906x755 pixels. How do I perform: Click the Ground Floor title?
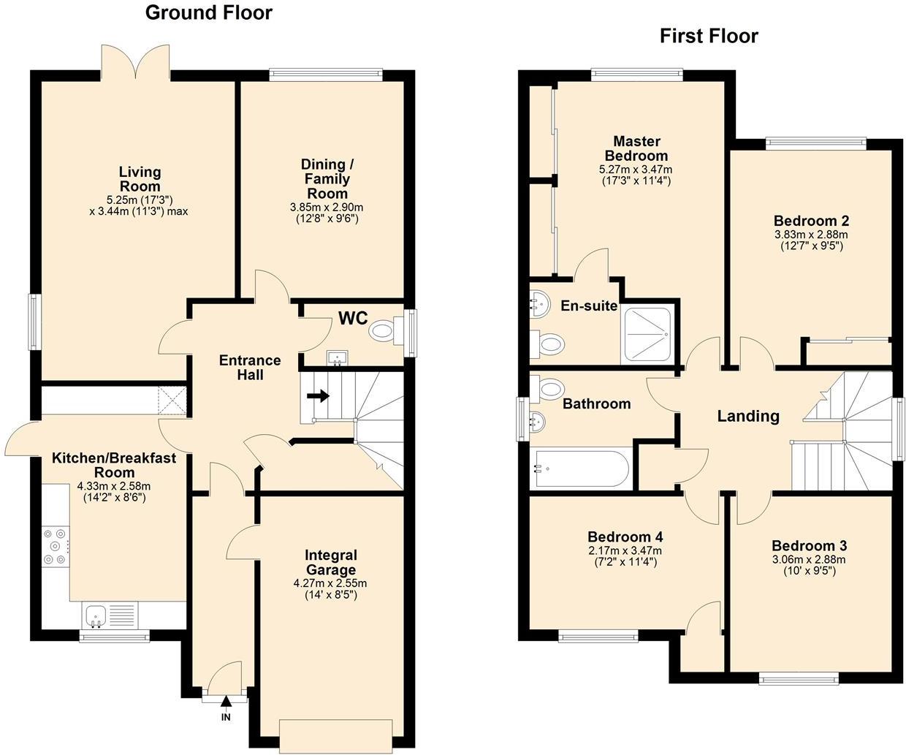(x=209, y=12)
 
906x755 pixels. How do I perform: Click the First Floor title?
(x=709, y=36)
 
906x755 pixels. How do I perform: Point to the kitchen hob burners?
(x=56, y=545)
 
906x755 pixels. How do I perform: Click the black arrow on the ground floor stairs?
(x=318, y=395)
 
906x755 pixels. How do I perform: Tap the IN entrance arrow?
(x=226, y=700)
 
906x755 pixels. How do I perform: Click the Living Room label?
(x=140, y=179)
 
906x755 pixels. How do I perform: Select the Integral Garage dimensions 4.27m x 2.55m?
(x=330, y=583)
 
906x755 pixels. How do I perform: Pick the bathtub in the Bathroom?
(x=582, y=468)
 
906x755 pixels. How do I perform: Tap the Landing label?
(x=748, y=416)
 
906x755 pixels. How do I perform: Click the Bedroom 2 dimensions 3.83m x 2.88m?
(x=811, y=235)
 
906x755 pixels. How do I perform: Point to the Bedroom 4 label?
(x=625, y=536)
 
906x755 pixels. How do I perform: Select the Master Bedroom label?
(x=636, y=148)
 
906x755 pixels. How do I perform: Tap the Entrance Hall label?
(x=250, y=368)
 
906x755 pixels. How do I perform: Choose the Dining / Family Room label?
(x=327, y=178)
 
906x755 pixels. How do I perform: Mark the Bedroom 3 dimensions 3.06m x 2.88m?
(x=809, y=560)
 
